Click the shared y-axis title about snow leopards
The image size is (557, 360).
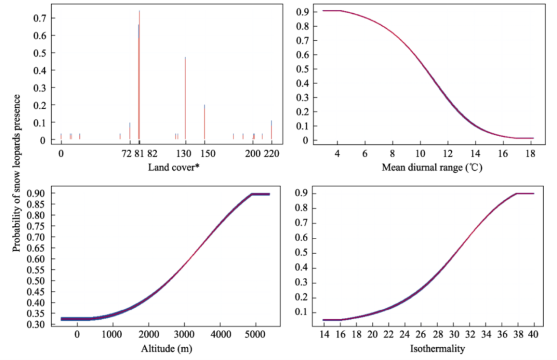[x=17, y=173]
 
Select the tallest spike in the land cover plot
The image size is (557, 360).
[x=139, y=77]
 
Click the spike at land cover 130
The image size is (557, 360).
[x=185, y=98]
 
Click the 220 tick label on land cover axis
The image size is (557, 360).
[x=272, y=154]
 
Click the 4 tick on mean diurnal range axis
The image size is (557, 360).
[x=337, y=154]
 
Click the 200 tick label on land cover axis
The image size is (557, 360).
[x=253, y=154]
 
